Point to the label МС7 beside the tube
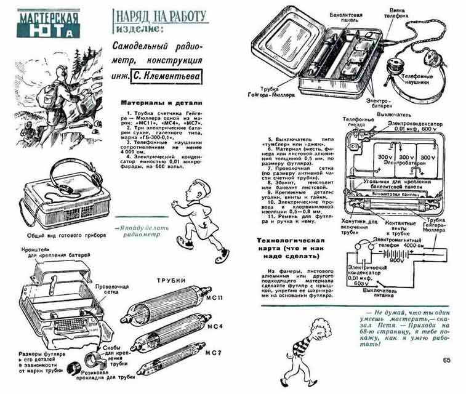[213, 352]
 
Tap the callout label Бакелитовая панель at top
[343, 8]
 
